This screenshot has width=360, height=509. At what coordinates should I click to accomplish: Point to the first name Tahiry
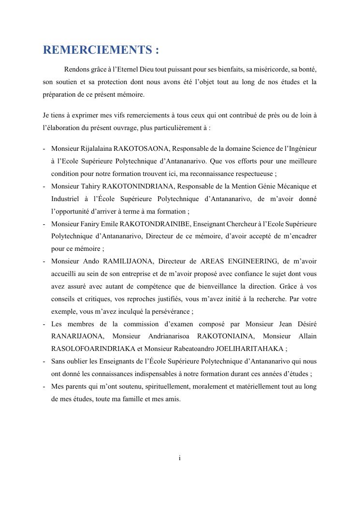point(90,186)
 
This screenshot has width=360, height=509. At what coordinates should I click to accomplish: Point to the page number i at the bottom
point(180,458)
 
